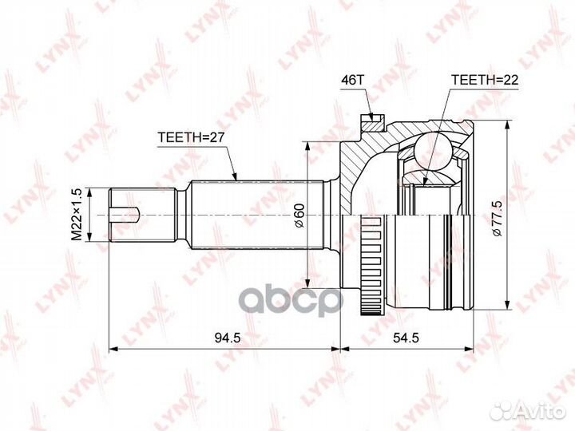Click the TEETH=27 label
(x=190, y=137)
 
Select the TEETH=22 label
(x=485, y=80)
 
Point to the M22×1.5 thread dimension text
(x=77, y=215)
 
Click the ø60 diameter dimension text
(x=299, y=215)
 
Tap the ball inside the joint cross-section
(x=433, y=150)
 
